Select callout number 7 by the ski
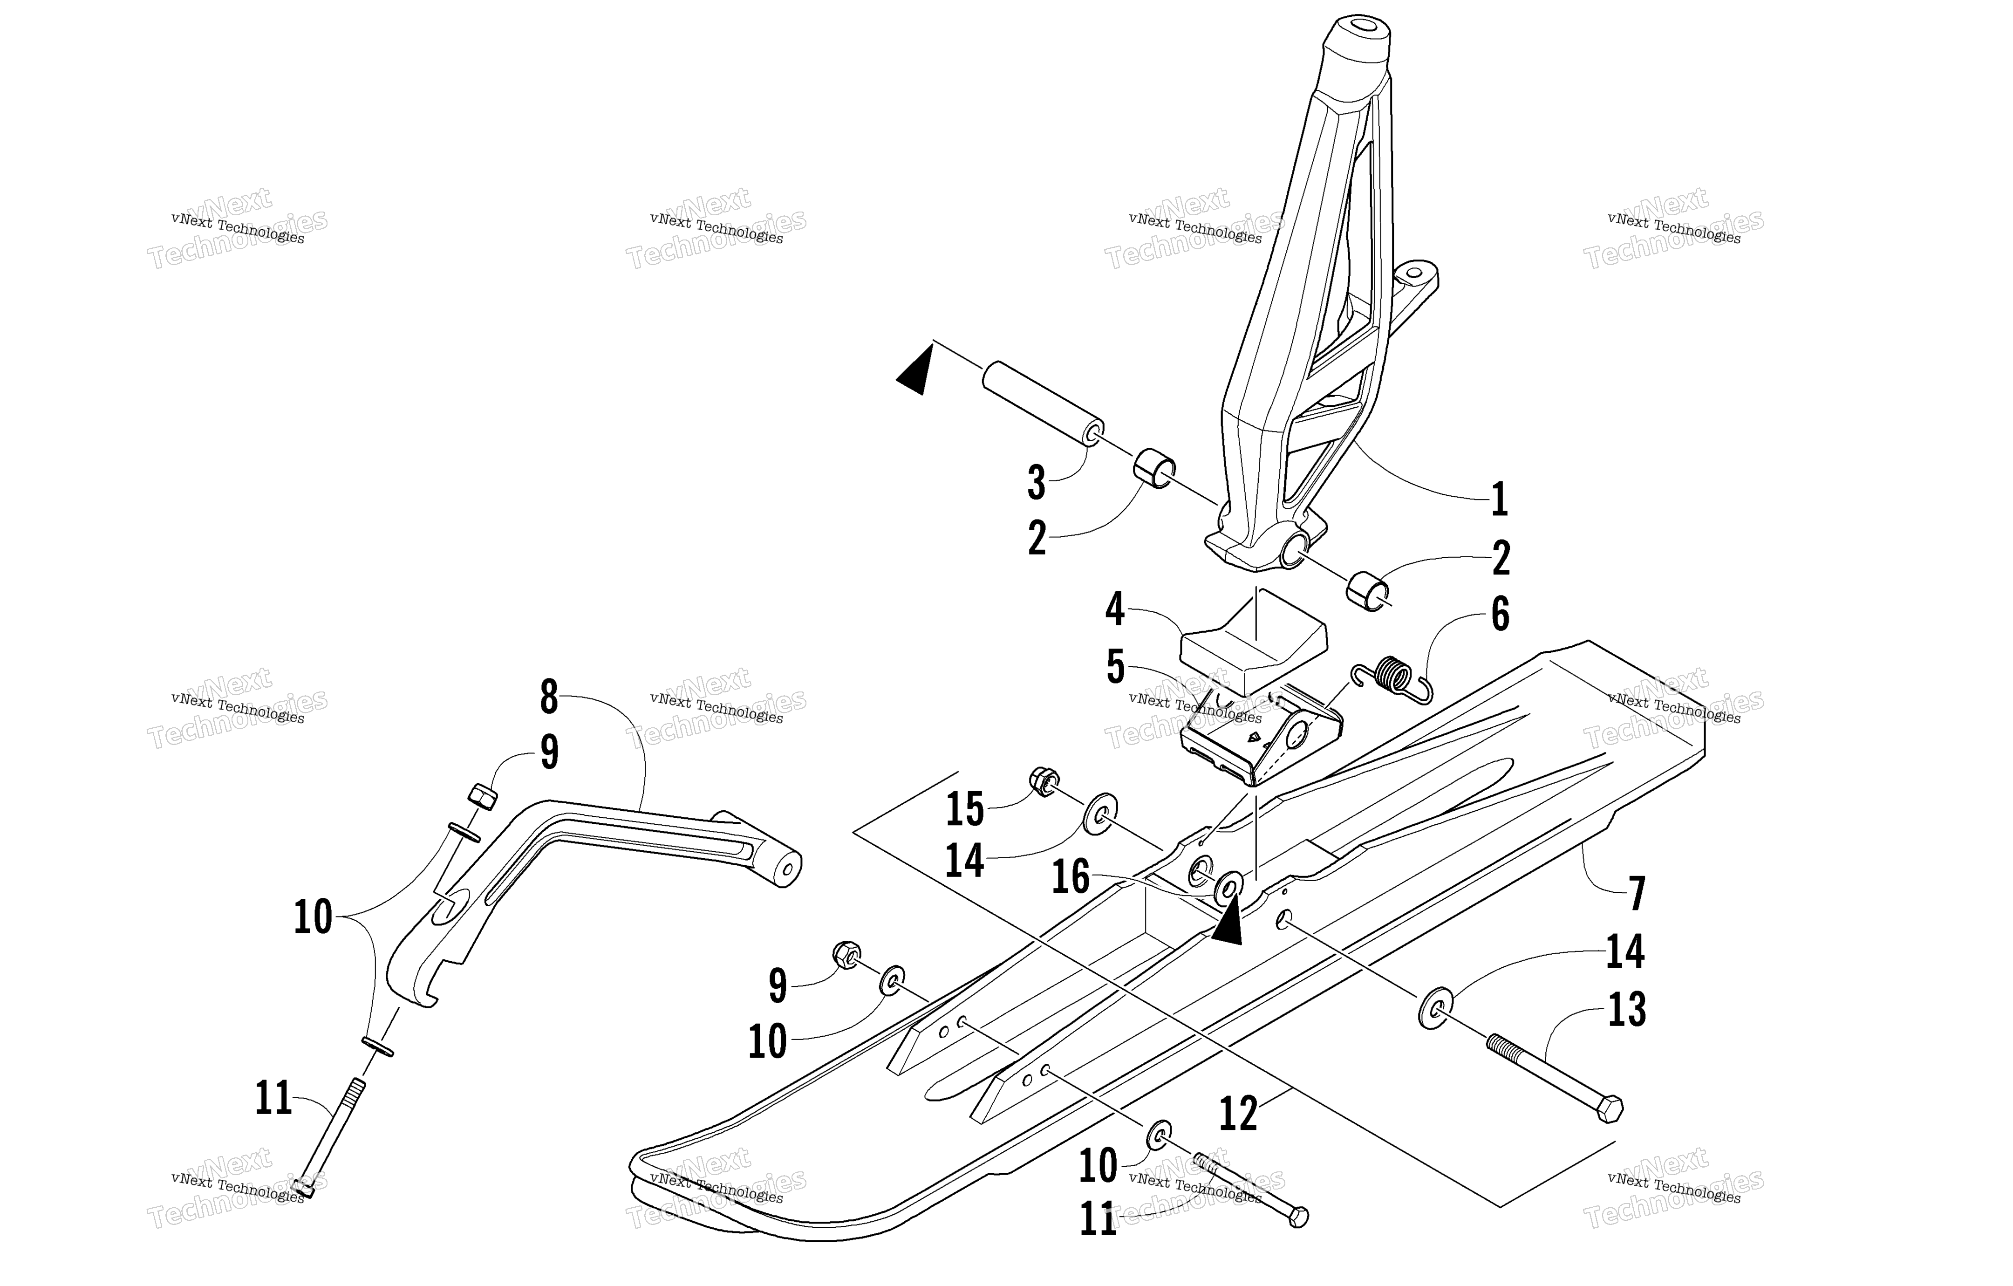click(1637, 893)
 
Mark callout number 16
click(1071, 878)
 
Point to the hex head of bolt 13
click(1608, 1109)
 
